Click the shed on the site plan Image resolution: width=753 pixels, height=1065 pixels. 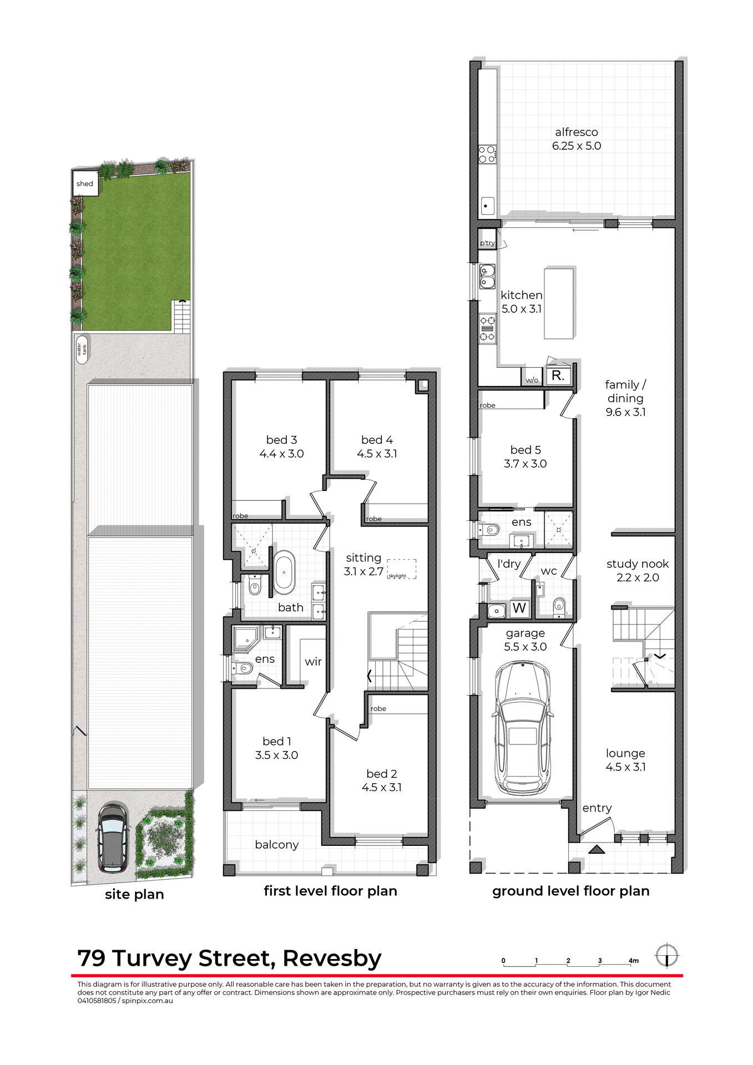(85, 184)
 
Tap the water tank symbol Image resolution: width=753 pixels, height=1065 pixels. (82, 349)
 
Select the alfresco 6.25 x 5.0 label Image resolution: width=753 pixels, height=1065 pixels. (576, 139)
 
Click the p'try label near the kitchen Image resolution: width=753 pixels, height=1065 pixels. (487, 243)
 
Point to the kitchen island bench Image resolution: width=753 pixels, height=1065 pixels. (558, 303)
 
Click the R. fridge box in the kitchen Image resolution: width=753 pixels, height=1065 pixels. (557, 376)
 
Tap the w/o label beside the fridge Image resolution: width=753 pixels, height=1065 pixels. (532, 380)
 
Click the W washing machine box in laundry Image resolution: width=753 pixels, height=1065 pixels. (519, 608)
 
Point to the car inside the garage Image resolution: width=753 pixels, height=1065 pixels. (523, 727)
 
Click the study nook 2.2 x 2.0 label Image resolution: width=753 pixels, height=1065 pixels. (637, 571)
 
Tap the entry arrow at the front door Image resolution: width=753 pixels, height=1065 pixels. (597, 849)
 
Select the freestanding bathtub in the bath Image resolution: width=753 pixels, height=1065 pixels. (284, 571)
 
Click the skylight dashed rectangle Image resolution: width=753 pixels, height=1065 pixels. (401, 569)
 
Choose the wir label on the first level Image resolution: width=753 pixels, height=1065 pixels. (313, 662)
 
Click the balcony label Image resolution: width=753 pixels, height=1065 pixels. (276, 845)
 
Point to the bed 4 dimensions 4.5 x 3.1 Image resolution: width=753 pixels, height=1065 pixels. (377, 454)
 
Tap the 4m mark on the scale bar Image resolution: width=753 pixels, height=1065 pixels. (633, 961)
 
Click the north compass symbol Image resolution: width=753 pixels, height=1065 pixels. (666, 956)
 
